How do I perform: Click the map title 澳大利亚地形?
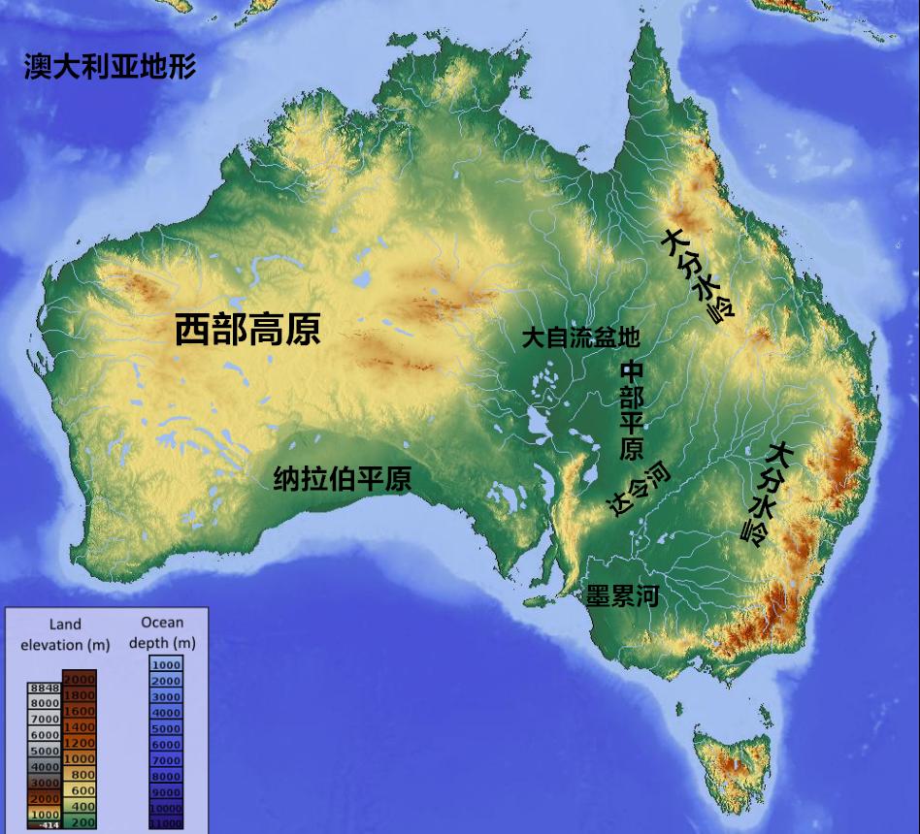click(x=110, y=68)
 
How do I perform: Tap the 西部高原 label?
click(x=247, y=331)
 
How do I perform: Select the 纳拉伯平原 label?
click(x=342, y=478)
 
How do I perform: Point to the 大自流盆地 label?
click(x=580, y=337)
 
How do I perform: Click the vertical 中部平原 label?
click(x=632, y=411)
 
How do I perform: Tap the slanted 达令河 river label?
click(x=637, y=490)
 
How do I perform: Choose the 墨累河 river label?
click(x=622, y=595)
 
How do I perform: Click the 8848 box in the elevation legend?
click(x=45, y=688)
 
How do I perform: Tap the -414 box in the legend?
click(x=45, y=825)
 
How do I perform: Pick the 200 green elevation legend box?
click(x=80, y=821)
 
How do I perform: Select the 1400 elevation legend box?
click(x=80, y=726)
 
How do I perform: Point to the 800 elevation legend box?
click(x=80, y=774)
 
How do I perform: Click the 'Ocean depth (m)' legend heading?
click(x=162, y=632)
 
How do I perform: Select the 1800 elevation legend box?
click(x=80, y=695)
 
